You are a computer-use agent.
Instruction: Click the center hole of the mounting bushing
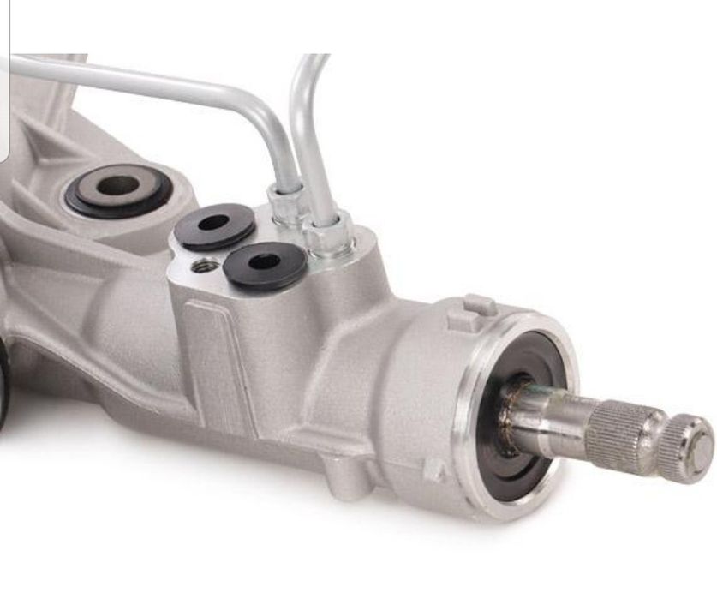click(x=117, y=185)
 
